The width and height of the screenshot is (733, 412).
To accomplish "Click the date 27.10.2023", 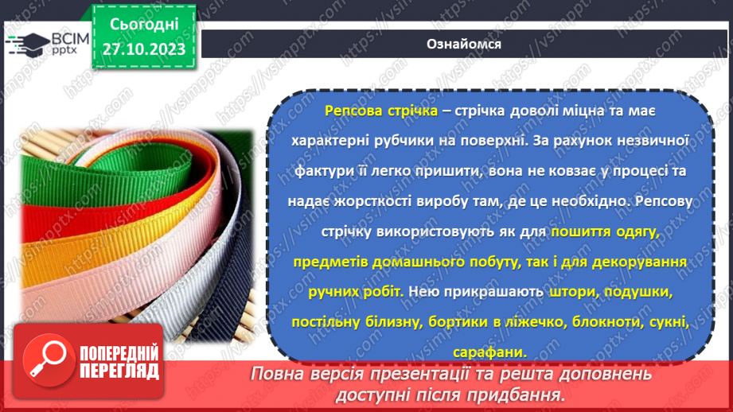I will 144,49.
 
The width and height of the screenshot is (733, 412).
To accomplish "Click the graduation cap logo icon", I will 26,42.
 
